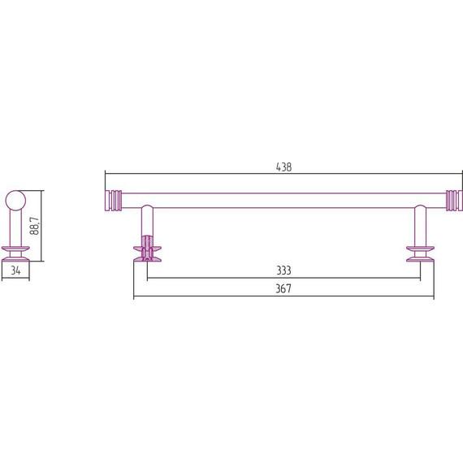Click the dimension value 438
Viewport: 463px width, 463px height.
point(283,167)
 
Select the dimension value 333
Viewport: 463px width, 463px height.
point(283,270)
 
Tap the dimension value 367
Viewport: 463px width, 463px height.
point(283,288)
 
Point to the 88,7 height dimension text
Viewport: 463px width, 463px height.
point(35,226)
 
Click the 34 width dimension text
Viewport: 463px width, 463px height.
point(15,270)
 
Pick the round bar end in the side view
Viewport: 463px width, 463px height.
point(15,201)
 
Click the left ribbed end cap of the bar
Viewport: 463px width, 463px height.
point(114,201)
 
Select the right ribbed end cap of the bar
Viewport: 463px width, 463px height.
point(454,201)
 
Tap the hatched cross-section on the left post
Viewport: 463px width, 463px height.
point(147,249)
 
